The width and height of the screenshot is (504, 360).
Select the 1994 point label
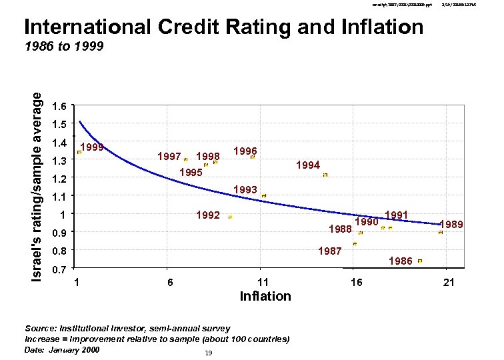click(x=308, y=165)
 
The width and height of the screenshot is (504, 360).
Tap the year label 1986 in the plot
click(x=400, y=261)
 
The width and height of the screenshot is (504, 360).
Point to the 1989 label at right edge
click(x=451, y=225)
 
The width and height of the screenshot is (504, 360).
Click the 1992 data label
click(x=208, y=215)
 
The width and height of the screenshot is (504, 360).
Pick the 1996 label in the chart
click(x=245, y=151)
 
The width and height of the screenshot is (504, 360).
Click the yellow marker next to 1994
click(x=325, y=175)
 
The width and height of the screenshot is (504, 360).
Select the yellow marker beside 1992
click(x=230, y=217)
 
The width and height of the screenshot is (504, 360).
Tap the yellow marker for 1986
click(x=419, y=261)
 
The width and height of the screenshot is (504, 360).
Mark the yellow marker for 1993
click(x=264, y=195)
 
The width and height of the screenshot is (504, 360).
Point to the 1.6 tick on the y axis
click(x=59, y=106)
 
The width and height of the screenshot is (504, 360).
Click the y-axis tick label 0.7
click(x=59, y=269)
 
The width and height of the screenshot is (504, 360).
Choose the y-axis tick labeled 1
click(x=62, y=215)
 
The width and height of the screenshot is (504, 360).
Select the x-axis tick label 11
click(x=263, y=283)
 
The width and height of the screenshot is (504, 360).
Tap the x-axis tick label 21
click(x=449, y=283)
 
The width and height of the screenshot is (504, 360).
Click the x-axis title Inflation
click(x=265, y=296)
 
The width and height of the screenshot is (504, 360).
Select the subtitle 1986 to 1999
click(x=63, y=48)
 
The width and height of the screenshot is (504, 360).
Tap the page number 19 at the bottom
click(x=209, y=353)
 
